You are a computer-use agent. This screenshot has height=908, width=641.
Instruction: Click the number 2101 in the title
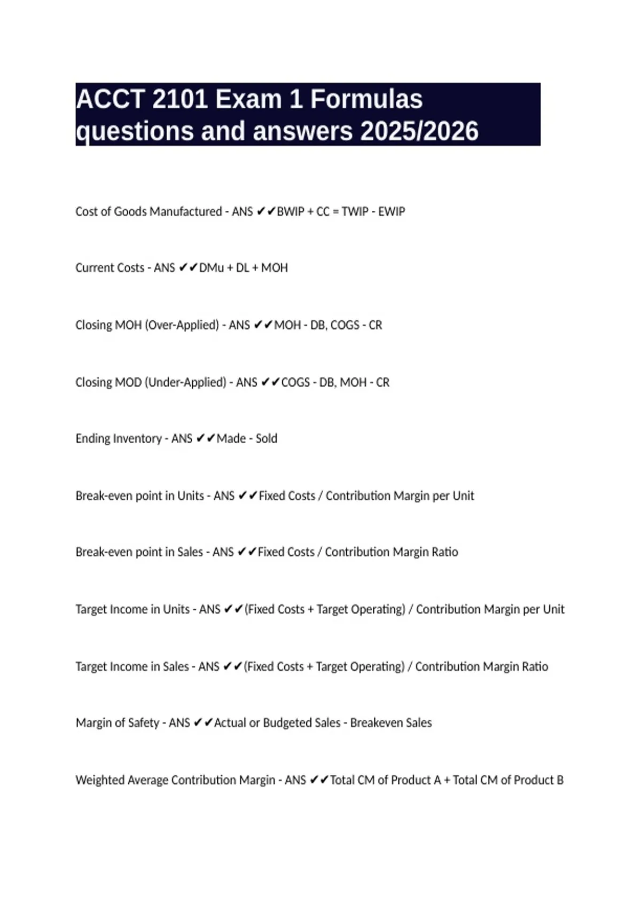click(179, 99)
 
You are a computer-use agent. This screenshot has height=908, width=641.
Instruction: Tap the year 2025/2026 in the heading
click(419, 131)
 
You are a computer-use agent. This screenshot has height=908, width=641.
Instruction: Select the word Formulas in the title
click(366, 99)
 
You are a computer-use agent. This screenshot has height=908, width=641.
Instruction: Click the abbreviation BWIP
click(291, 212)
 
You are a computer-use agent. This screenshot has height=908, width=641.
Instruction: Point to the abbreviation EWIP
click(392, 212)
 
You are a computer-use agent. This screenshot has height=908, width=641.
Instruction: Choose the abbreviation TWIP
click(355, 212)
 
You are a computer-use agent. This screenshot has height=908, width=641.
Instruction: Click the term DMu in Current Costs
click(211, 268)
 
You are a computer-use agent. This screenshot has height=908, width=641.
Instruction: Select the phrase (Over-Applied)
click(182, 325)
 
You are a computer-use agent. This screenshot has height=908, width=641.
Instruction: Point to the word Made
click(231, 439)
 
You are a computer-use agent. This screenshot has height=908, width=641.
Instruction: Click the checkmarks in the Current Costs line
click(188, 268)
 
